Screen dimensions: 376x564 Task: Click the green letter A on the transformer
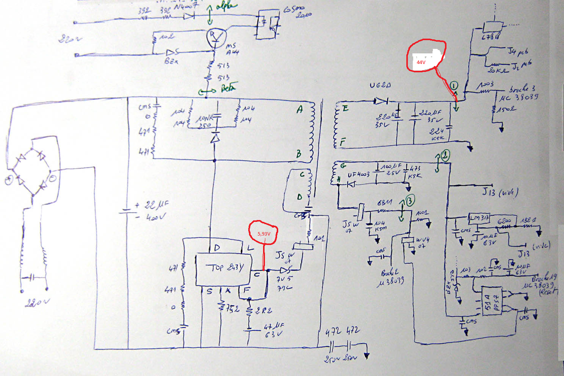(x=299, y=111)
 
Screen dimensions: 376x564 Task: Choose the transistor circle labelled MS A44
(x=216, y=38)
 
